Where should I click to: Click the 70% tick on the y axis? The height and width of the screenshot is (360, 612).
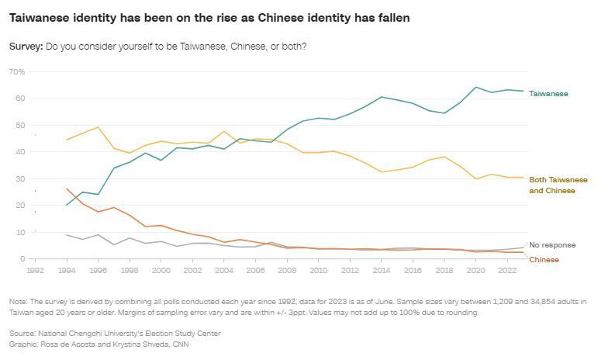(17, 71)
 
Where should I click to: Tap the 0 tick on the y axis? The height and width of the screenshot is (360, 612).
(22, 258)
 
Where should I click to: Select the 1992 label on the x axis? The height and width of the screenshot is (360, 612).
(35, 271)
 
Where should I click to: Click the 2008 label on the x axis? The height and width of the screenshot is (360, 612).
(287, 271)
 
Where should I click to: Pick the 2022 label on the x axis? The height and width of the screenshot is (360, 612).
(507, 271)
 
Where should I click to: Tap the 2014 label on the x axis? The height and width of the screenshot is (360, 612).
(382, 271)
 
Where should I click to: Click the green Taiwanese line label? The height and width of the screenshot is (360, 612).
(548, 94)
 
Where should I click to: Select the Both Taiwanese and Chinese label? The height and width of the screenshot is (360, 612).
(558, 185)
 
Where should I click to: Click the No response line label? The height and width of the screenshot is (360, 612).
(551, 245)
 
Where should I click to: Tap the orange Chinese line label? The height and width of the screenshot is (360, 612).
(543, 260)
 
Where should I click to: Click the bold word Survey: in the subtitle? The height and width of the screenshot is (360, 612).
(26, 47)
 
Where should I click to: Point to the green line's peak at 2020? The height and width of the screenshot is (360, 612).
(475, 87)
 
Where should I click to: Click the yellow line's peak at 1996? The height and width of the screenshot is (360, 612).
(98, 127)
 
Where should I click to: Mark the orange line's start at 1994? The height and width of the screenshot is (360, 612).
(67, 188)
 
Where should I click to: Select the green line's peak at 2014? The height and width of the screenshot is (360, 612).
(382, 97)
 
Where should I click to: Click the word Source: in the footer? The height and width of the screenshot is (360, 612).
(23, 334)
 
